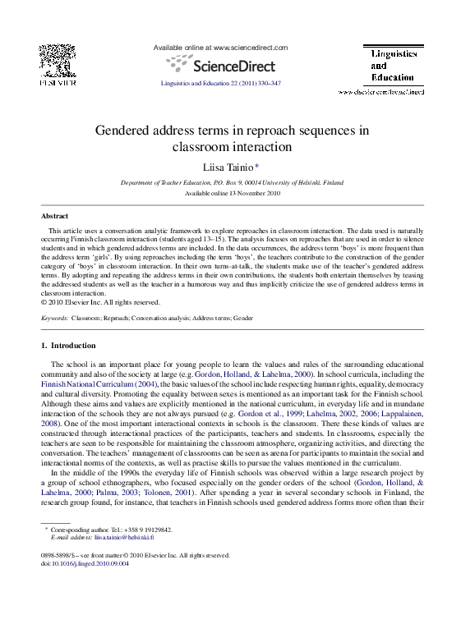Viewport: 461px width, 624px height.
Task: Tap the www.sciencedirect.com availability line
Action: coord(221,48)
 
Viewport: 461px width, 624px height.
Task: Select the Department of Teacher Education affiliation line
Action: coord(232,182)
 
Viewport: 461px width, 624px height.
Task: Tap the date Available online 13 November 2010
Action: coord(232,193)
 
